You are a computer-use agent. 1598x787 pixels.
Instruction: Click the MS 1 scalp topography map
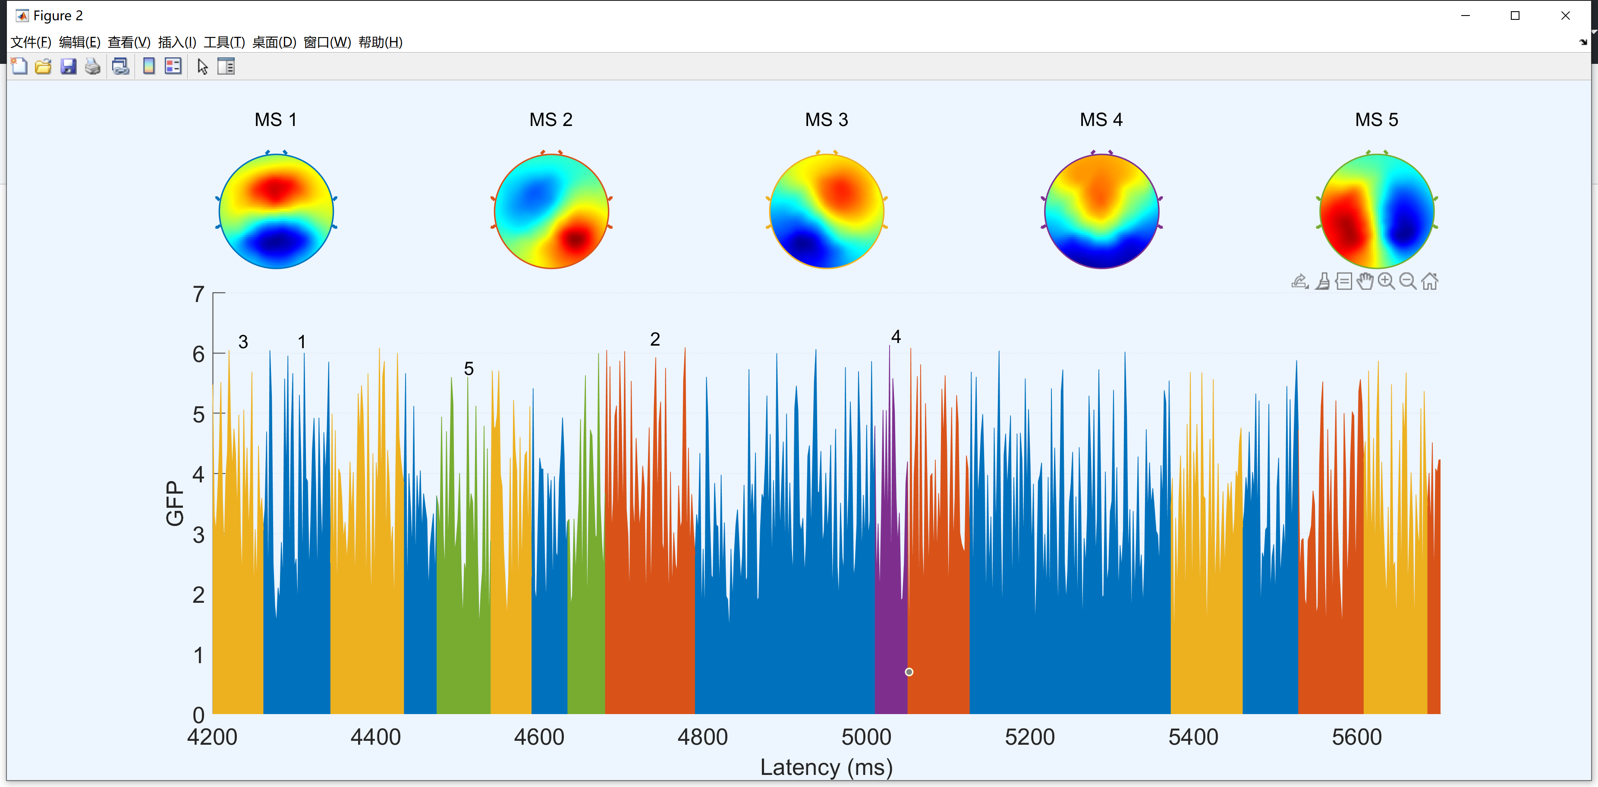tap(276, 211)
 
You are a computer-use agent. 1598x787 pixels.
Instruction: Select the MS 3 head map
tap(826, 211)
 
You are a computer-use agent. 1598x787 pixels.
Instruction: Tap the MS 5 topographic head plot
tap(1377, 211)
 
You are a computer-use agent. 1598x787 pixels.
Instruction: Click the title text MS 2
tap(550, 120)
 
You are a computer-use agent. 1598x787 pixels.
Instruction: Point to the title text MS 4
tap(1101, 120)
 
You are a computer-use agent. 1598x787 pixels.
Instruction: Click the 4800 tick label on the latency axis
tap(702, 737)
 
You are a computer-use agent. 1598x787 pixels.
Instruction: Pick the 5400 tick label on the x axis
tap(1193, 737)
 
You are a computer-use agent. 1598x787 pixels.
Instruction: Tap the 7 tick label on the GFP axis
tap(198, 294)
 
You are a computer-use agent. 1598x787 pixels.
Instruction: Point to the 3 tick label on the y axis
tap(198, 535)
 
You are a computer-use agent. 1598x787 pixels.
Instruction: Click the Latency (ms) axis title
tap(826, 768)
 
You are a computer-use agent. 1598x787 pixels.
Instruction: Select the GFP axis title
tap(175, 503)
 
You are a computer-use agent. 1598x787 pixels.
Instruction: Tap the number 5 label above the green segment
tap(469, 369)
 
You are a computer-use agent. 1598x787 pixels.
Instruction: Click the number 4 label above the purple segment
tap(896, 337)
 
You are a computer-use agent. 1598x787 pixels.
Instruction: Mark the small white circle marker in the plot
tap(909, 672)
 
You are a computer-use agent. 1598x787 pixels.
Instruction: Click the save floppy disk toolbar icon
tap(68, 66)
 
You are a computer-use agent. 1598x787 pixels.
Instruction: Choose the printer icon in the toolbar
tap(92, 66)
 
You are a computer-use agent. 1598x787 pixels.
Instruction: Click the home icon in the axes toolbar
tap(1429, 282)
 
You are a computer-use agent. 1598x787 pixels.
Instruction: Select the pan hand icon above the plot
tap(1365, 282)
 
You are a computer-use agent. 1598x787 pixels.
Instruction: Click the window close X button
tap(1565, 16)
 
